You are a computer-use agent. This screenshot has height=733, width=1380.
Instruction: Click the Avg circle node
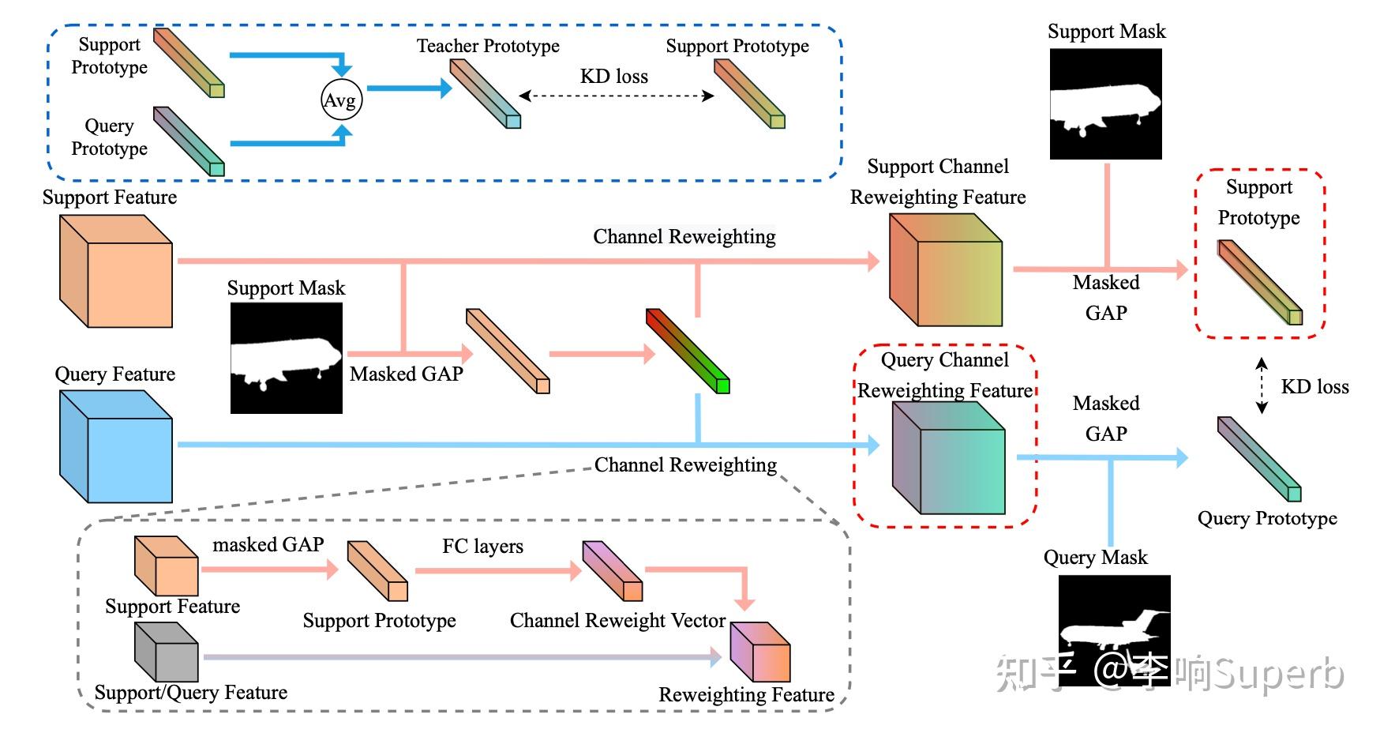point(341,100)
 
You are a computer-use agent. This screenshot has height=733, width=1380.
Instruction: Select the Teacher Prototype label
point(488,46)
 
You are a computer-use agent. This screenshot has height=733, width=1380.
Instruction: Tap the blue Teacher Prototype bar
point(485,93)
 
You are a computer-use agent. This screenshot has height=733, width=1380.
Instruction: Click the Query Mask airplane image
point(1114,630)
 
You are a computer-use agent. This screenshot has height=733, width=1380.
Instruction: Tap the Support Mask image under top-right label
point(1105,103)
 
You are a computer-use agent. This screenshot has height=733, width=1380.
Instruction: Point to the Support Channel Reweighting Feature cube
point(945,270)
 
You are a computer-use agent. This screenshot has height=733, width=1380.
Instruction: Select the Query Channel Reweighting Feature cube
point(948,458)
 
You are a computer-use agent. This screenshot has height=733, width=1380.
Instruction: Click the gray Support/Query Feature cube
point(166,652)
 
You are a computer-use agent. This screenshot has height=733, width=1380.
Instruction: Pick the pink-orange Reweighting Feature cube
point(759,652)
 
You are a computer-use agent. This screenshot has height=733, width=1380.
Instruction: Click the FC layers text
point(482,546)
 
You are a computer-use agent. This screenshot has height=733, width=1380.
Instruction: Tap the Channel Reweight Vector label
point(617,620)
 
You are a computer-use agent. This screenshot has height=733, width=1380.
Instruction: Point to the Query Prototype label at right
point(1267,518)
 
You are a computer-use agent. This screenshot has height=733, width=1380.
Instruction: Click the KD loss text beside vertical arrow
point(1314,386)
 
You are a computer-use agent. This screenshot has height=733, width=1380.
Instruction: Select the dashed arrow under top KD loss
point(616,96)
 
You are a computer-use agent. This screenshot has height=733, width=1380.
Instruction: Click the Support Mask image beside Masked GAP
point(286,358)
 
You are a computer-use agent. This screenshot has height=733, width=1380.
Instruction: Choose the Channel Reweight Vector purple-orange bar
point(612,570)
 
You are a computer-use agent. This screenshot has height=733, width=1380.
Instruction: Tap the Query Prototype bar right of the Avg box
point(189,141)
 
